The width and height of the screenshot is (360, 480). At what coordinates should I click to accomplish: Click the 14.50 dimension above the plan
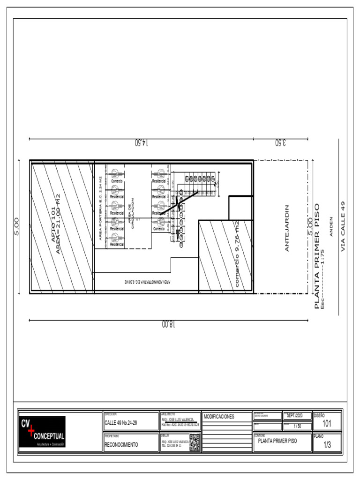pos(141,142)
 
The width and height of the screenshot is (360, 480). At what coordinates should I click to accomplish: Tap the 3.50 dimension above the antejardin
pos(280,142)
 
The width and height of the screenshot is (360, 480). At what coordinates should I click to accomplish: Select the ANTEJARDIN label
pos(287,228)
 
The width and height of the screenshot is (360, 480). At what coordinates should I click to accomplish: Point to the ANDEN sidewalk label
pos(331,226)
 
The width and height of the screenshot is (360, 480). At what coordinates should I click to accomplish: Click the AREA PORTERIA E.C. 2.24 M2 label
pos(100,208)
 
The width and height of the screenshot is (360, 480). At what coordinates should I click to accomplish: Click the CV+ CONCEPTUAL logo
pos(42,431)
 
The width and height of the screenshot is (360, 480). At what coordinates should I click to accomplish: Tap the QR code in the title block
pos(195,442)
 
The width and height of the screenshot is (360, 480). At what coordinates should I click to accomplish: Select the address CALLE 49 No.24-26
pos(121,423)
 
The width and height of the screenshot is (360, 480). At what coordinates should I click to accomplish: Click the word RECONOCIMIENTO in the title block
pos(121,445)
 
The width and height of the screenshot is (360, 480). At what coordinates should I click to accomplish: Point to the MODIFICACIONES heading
pos(219,417)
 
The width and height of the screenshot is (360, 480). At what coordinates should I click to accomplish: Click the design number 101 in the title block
pos(327,424)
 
